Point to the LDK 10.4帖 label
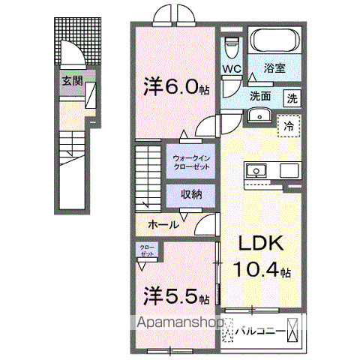coord(259,257)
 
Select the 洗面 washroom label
coord(260,96)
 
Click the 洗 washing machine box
coord(291,97)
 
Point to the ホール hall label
coord(163,224)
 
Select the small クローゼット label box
coord(146,250)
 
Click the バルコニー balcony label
coord(262,328)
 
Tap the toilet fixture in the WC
coord(232,46)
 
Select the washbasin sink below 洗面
coord(261,115)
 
